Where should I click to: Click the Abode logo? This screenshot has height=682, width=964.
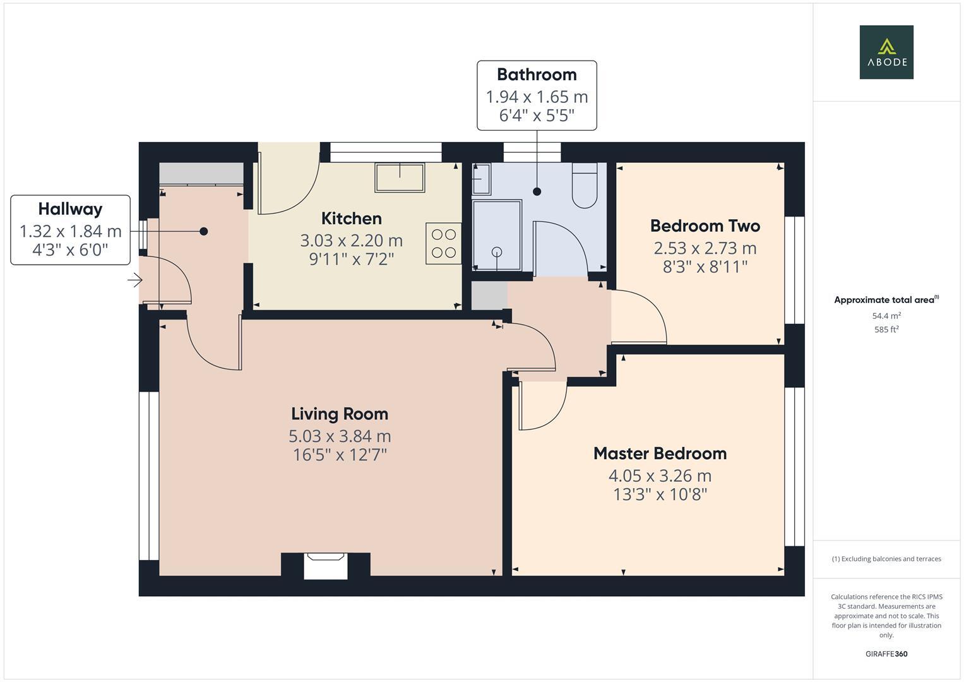tap(886, 52)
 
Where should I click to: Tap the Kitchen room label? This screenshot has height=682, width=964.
tap(351, 218)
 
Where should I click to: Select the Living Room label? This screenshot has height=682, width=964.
tap(340, 414)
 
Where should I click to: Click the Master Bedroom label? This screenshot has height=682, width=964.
tap(660, 453)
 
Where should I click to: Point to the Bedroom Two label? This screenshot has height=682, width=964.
tap(705, 226)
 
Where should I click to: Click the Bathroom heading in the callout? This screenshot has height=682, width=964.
tap(537, 75)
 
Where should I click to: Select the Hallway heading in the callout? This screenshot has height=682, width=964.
tap(70, 209)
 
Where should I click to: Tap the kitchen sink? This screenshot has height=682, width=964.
tap(400, 177)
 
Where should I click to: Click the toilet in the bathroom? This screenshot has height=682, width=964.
tap(585, 186)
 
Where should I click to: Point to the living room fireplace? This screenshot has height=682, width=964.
tap(326, 566)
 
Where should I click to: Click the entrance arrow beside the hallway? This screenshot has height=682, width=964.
tap(134, 280)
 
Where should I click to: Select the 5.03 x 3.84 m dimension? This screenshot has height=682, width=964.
tap(340, 436)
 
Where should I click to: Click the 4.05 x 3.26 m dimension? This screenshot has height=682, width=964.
tap(660, 476)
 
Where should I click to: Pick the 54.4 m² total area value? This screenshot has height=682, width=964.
tap(886, 316)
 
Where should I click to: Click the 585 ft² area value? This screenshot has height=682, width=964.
tap(886, 330)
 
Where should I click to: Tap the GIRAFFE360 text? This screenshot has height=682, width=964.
tap(886, 654)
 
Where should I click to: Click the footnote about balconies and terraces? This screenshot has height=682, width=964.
tap(886, 559)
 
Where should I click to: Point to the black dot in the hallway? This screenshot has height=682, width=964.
tap(204, 232)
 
